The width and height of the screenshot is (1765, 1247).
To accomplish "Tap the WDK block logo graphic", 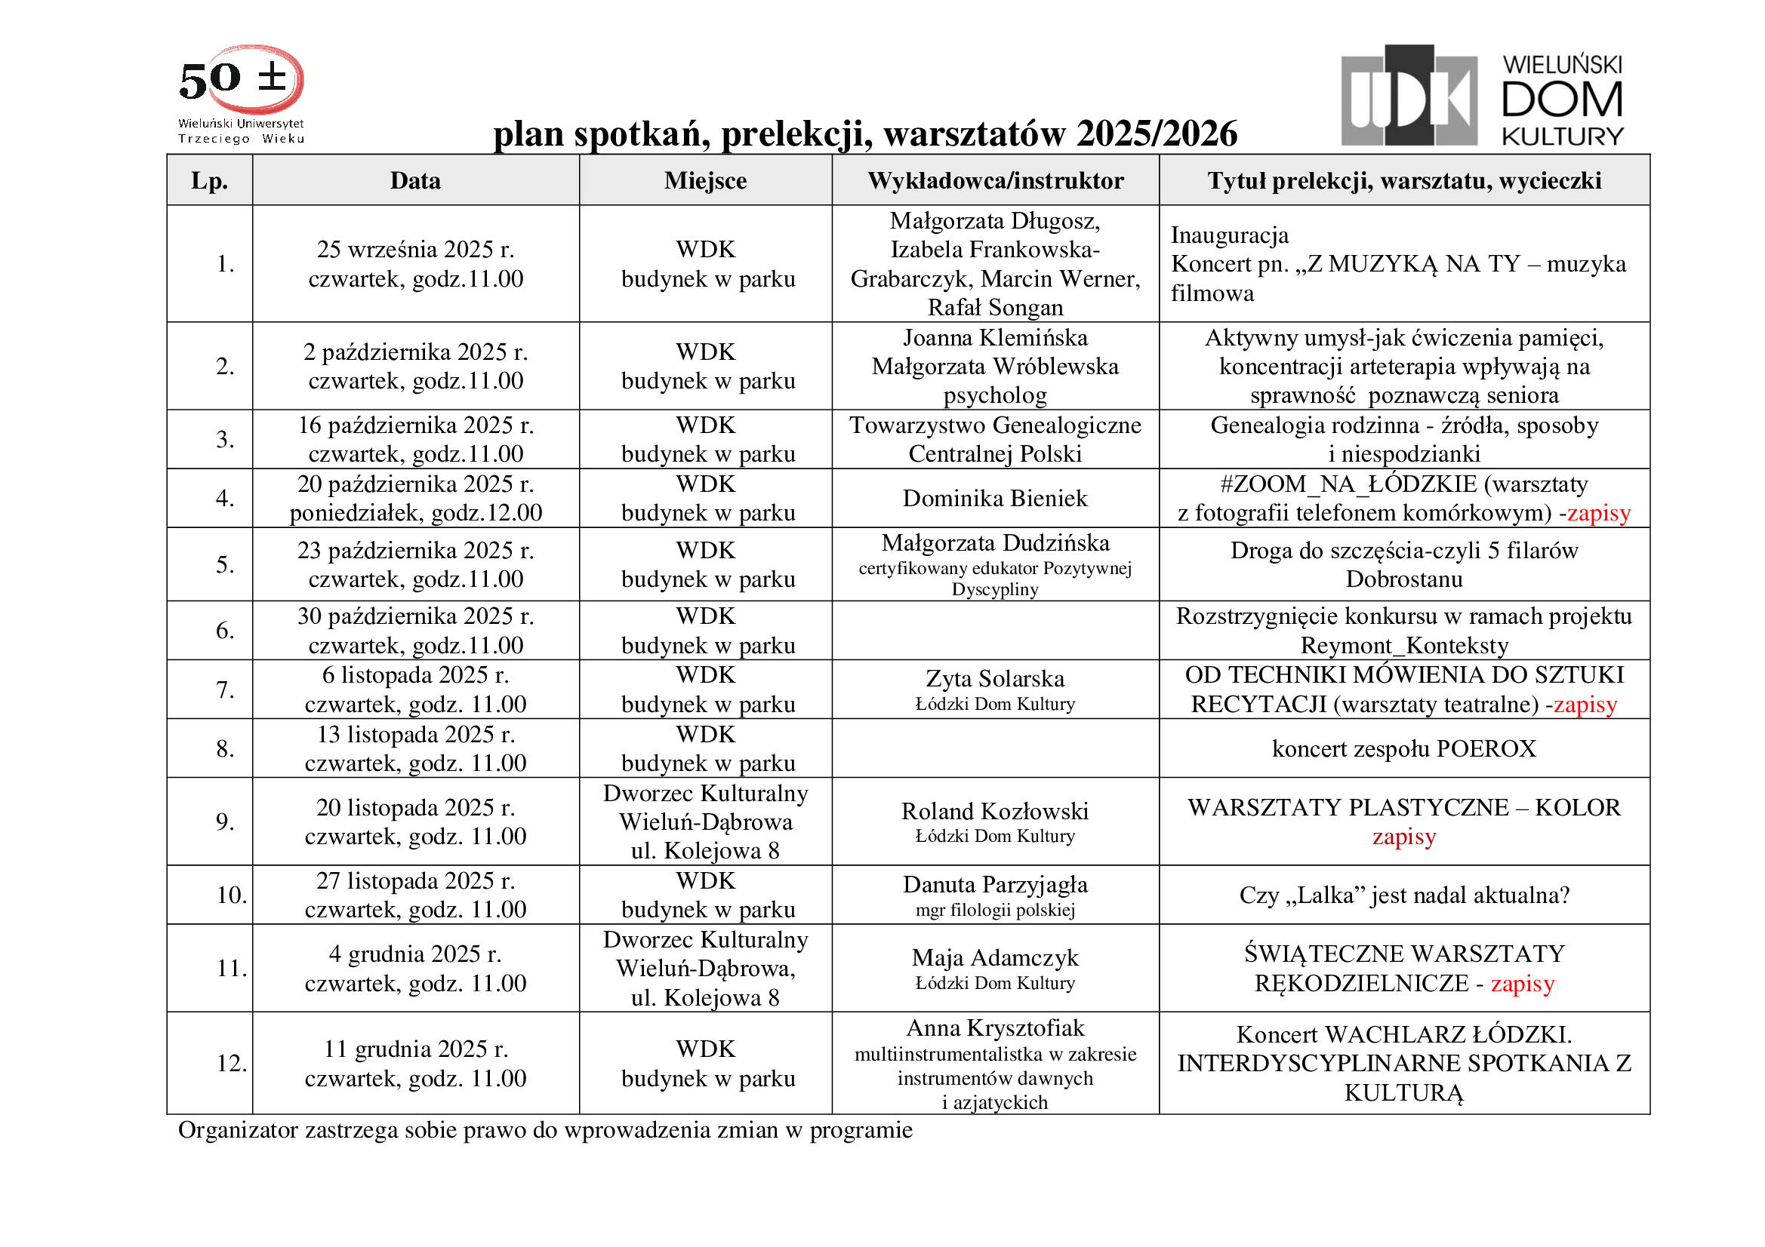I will pyautogui.click(x=1409, y=96).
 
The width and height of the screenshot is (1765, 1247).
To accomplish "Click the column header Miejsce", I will pyautogui.click(x=705, y=180).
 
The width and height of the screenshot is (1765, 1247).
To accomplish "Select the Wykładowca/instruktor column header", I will pyautogui.click(x=995, y=180).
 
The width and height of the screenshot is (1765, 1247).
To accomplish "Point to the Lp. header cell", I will pyautogui.click(x=209, y=180).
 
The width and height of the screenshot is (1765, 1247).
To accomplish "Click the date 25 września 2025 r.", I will pyautogui.click(x=415, y=250).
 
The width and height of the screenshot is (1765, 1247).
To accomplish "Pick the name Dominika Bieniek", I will pyautogui.click(x=995, y=498).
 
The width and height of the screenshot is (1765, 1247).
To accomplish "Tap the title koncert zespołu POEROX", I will pyautogui.click(x=1403, y=748).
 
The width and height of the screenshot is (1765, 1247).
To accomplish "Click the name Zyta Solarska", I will pyautogui.click(x=995, y=679).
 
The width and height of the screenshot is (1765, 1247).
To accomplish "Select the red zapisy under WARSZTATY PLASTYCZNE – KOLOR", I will pyautogui.click(x=1403, y=837).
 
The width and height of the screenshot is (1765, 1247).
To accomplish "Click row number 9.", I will pyautogui.click(x=224, y=822).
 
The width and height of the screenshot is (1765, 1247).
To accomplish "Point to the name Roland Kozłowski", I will pyautogui.click(x=995, y=812).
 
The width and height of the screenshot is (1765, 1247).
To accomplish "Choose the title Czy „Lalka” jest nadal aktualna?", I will pyautogui.click(x=1403, y=895).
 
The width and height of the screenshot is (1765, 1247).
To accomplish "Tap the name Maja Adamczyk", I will pyautogui.click(x=995, y=958).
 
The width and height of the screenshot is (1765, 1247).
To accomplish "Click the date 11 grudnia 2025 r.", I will pyautogui.click(x=415, y=1049).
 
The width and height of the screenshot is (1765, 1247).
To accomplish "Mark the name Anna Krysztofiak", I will pyautogui.click(x=995, y=1028).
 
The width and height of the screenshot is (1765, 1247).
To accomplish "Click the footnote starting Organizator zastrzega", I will pyautogui.click(x=545, y=1130).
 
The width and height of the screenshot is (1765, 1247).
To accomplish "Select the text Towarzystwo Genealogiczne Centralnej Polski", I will pyautogui.click(x=995, y=440).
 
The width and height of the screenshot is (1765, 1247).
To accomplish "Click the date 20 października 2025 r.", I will pyautogui.click(x=415, y=484).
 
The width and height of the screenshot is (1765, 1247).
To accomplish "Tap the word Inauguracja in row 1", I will pyautogui.click(x=1229, y=235).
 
